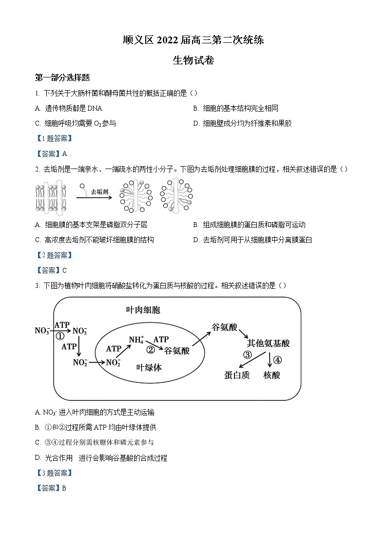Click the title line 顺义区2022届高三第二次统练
[x=193, y=40]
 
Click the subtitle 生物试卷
[x=193, y=60]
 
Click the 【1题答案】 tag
[x=54, y=139]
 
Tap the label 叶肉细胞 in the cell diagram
[x=143, y=310]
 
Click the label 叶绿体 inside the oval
[x=149, y=368]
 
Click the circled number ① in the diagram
[x=60, y=336]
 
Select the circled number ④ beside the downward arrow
[x=277, y=360]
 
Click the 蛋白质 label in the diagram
[x=237, y=375]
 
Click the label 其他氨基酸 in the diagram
[x=269, y=343]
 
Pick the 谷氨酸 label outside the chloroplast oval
[x=224, y=327]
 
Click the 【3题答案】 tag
[x=54, y=473]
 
